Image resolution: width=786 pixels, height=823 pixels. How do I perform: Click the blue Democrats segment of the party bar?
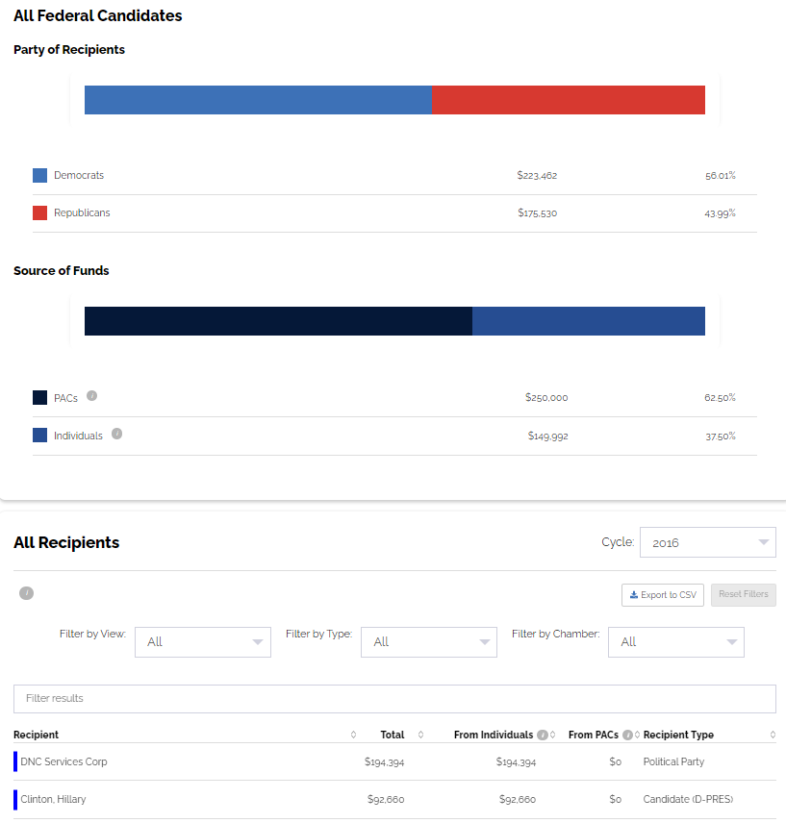pyautogui.click(x=258, y=100)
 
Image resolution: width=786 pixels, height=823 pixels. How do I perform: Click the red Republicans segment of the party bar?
pyautogui.click(x=569, y=100)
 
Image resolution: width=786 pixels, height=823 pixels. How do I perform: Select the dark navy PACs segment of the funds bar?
pyautogui.click(x=278, y=321)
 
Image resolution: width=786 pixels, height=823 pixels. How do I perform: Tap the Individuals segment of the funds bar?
pyautogui.click(x=589, y=321)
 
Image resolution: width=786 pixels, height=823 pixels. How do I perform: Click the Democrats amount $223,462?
pyautogui.click(x=537, y=176)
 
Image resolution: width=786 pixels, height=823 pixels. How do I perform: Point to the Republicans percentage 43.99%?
pyautogui.click(x=720, y=213)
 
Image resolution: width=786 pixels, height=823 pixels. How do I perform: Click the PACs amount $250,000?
pyautogui.click(x=546, y=398)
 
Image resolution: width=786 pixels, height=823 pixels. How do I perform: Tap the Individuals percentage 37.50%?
pyautogui.click(x=720, y=436)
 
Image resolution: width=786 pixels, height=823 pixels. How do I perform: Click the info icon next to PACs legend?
pyautogui.click(x=92, y=396)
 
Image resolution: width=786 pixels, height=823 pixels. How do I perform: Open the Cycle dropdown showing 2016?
pyautogui.click(x=707, y=542)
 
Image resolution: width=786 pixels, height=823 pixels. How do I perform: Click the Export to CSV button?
pyautogui.click(x=663, y=595)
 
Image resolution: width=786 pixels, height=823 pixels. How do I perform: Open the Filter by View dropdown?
pyautogui.click(x=203, y=642)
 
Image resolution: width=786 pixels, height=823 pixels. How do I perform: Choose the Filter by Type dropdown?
pyautogui.click(x=429, y=642)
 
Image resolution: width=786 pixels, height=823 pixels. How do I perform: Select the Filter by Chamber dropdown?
pyautogui.click(x=676, y=642)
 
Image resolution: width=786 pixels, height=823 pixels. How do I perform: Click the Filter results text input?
pyautogui.click(x=394, y=698)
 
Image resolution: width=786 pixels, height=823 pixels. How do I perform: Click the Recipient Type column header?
pyautogui.click(x=678, y=736)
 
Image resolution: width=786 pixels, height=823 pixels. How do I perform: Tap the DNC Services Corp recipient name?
pyautogui.click(x=63, y=762)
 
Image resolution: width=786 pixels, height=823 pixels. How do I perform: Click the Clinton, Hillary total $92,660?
pyautogui.click(x=387, y=800)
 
